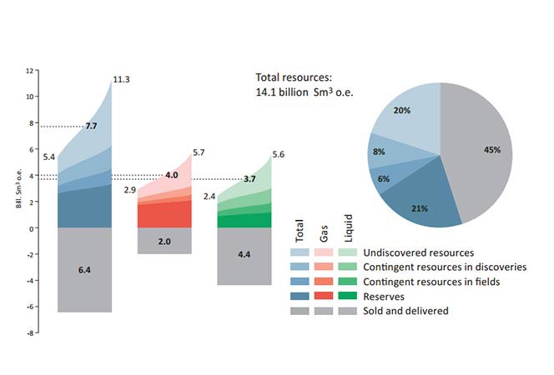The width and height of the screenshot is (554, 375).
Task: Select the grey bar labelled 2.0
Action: coord(164,241)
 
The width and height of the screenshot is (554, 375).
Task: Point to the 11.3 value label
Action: coord(121,80)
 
